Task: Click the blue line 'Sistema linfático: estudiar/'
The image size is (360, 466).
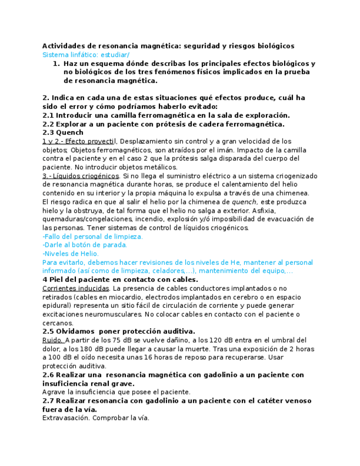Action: point(86,55)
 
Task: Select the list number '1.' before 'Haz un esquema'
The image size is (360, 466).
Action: point(56,64)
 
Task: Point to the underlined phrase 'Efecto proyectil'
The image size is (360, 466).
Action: point(88,141)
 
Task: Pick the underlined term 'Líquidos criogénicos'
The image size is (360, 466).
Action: point(86,176)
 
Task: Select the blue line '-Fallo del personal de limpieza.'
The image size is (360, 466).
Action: point(93,236)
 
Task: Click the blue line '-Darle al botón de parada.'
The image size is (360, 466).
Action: point(85,245)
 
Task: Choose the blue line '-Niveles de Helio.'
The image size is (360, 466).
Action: point(71,254)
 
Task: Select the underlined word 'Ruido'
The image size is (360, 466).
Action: point(52,340)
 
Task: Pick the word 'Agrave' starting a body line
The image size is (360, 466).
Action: point(53,392)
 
